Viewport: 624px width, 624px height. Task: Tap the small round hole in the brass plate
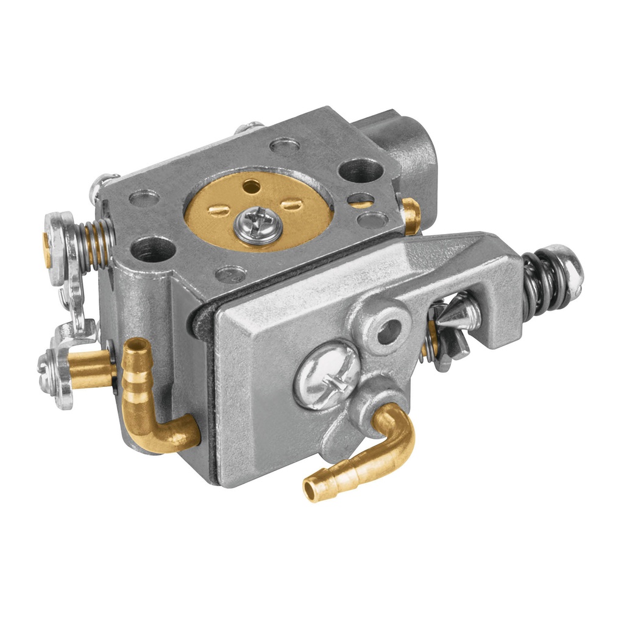pos(251,185)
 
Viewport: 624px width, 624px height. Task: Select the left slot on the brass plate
pos(218,211)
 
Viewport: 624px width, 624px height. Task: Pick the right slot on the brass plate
pos(292,205)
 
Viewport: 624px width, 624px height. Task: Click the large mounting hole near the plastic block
pos(361,171)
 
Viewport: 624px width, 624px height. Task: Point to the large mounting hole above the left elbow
pos(153,249)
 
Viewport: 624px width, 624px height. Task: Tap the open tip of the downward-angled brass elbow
pos(312,490)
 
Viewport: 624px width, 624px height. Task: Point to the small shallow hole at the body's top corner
pos(285,145)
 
